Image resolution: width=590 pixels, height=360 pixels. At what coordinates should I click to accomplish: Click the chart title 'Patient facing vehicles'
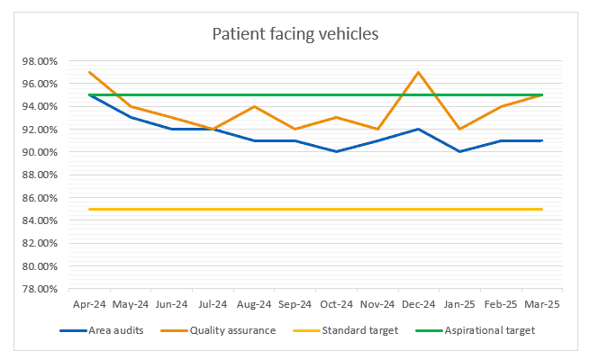pyautogui.click(x=295, y=35)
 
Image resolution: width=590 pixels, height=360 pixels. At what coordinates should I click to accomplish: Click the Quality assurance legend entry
pyautogui.click(x=231, y=330)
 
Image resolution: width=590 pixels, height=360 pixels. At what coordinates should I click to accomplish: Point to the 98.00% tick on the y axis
pyautogui.click(x=39, y=61)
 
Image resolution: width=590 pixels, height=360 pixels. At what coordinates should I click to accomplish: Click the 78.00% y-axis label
pyautogui.click(x=39, y=289)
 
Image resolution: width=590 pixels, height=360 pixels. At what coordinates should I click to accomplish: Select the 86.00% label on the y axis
pyautogui.click(x=39, y=198)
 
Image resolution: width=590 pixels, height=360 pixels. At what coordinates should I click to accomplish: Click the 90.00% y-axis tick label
pyautogui.click(x=39, y=152)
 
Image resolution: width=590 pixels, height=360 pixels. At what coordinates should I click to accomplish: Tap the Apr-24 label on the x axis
pyautogui.click(x=89, y=305)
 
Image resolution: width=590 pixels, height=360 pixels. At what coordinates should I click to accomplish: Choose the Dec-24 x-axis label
pyautogui.click(x=418, y=305)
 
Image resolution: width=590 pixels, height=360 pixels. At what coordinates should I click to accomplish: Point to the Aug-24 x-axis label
pyautogui.click(x=253, y=305)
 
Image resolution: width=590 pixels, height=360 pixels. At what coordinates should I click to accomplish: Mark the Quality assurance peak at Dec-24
pyautogui.click(x=418, y=72)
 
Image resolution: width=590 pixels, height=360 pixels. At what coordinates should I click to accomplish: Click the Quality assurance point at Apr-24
pyautogui.click(x=89, y=72)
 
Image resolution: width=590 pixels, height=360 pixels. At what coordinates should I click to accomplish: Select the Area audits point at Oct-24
pyautogui.click(x=336, y=151)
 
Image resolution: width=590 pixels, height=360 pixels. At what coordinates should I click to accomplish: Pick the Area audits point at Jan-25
pyautogui.click(x=459, y=151)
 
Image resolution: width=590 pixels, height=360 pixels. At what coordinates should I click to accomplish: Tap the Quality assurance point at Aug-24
pyautogui.click(x=254, y=106)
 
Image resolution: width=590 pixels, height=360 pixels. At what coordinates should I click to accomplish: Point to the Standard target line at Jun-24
pyautogui.click(x=171, y=209)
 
